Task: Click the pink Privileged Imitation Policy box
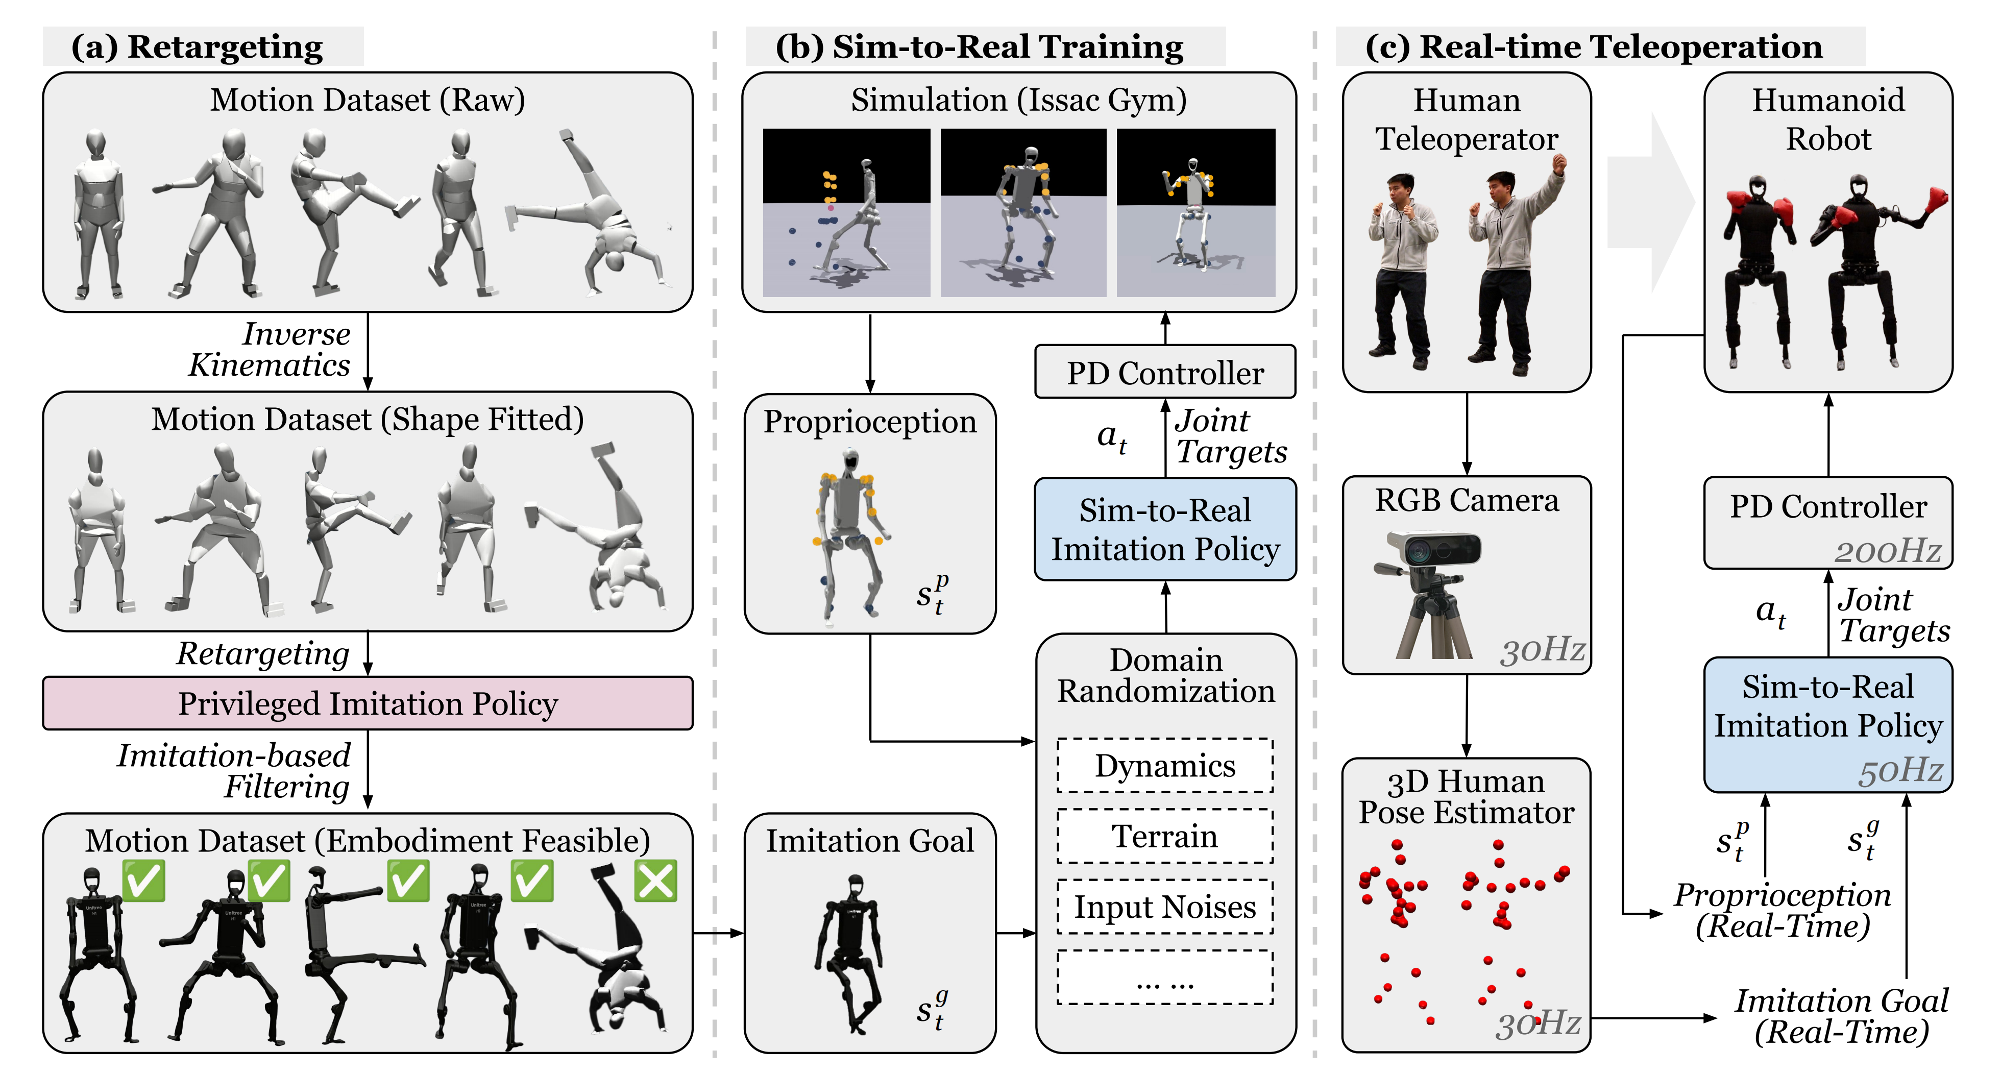(x=368, y=703)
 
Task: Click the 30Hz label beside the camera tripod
(x=1542, y=649)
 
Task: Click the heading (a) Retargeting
(x=198, y=46)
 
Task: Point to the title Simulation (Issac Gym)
(x=1018, y=100)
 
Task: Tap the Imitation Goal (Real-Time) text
(x=1841, y=1016)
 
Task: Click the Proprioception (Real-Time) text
(x=1782, y=910)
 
